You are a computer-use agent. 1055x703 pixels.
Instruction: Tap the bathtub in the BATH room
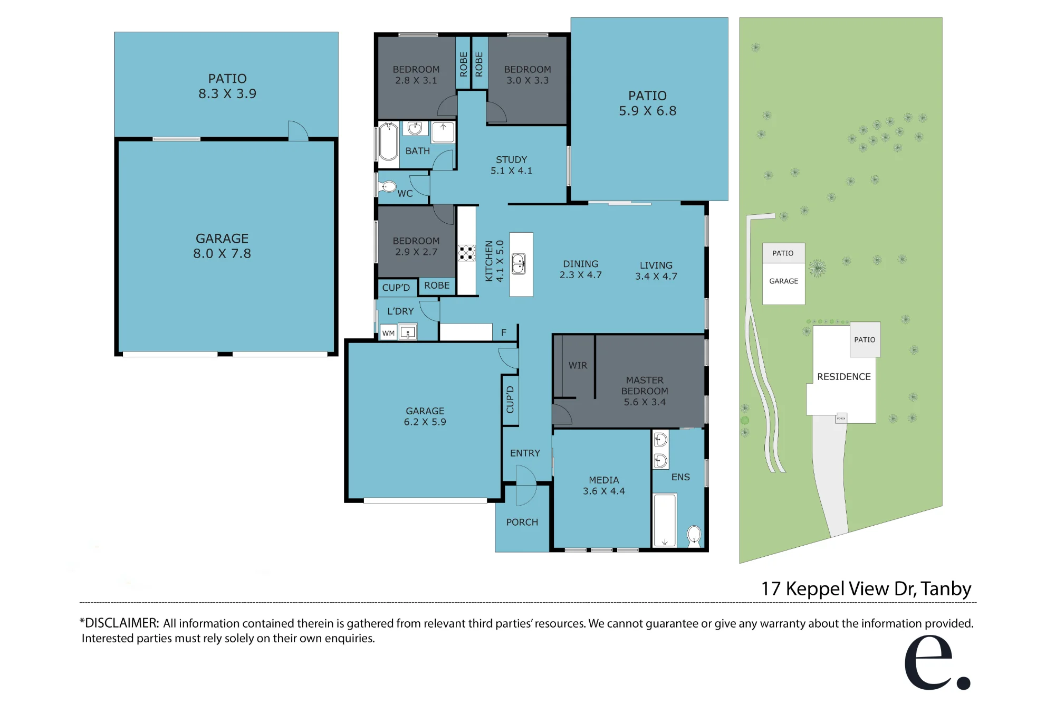click(389, 141)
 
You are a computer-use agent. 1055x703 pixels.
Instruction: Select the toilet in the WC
click(388, 186)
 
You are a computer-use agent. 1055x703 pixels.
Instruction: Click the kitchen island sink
click(519, 264)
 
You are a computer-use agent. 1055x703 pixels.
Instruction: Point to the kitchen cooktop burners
click(466, 253)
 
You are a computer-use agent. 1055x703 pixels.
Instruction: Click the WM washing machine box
click(388, 333)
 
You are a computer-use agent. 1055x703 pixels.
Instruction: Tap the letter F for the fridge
click(504, 332)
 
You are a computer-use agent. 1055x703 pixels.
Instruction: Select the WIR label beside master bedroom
click(578, 365)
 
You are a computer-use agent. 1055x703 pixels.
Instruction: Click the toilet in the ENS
click(694, 536)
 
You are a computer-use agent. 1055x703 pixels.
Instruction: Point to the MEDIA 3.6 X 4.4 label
click(604, 486)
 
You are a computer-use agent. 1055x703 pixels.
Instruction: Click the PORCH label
click(522, 522)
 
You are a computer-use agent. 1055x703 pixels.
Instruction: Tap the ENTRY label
click(525, 453)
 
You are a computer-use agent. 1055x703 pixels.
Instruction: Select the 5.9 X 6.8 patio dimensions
click(648, 111)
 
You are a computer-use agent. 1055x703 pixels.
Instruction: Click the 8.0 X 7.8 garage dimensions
click(222, 253)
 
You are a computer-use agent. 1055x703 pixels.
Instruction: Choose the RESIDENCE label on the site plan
click(844, 376)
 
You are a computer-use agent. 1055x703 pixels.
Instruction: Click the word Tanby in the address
click(946, 588)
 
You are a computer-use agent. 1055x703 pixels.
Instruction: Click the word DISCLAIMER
click(121, 623)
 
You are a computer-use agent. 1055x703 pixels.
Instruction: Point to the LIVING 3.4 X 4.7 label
click(656, 271)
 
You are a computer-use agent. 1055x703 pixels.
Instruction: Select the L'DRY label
click(400, 311)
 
